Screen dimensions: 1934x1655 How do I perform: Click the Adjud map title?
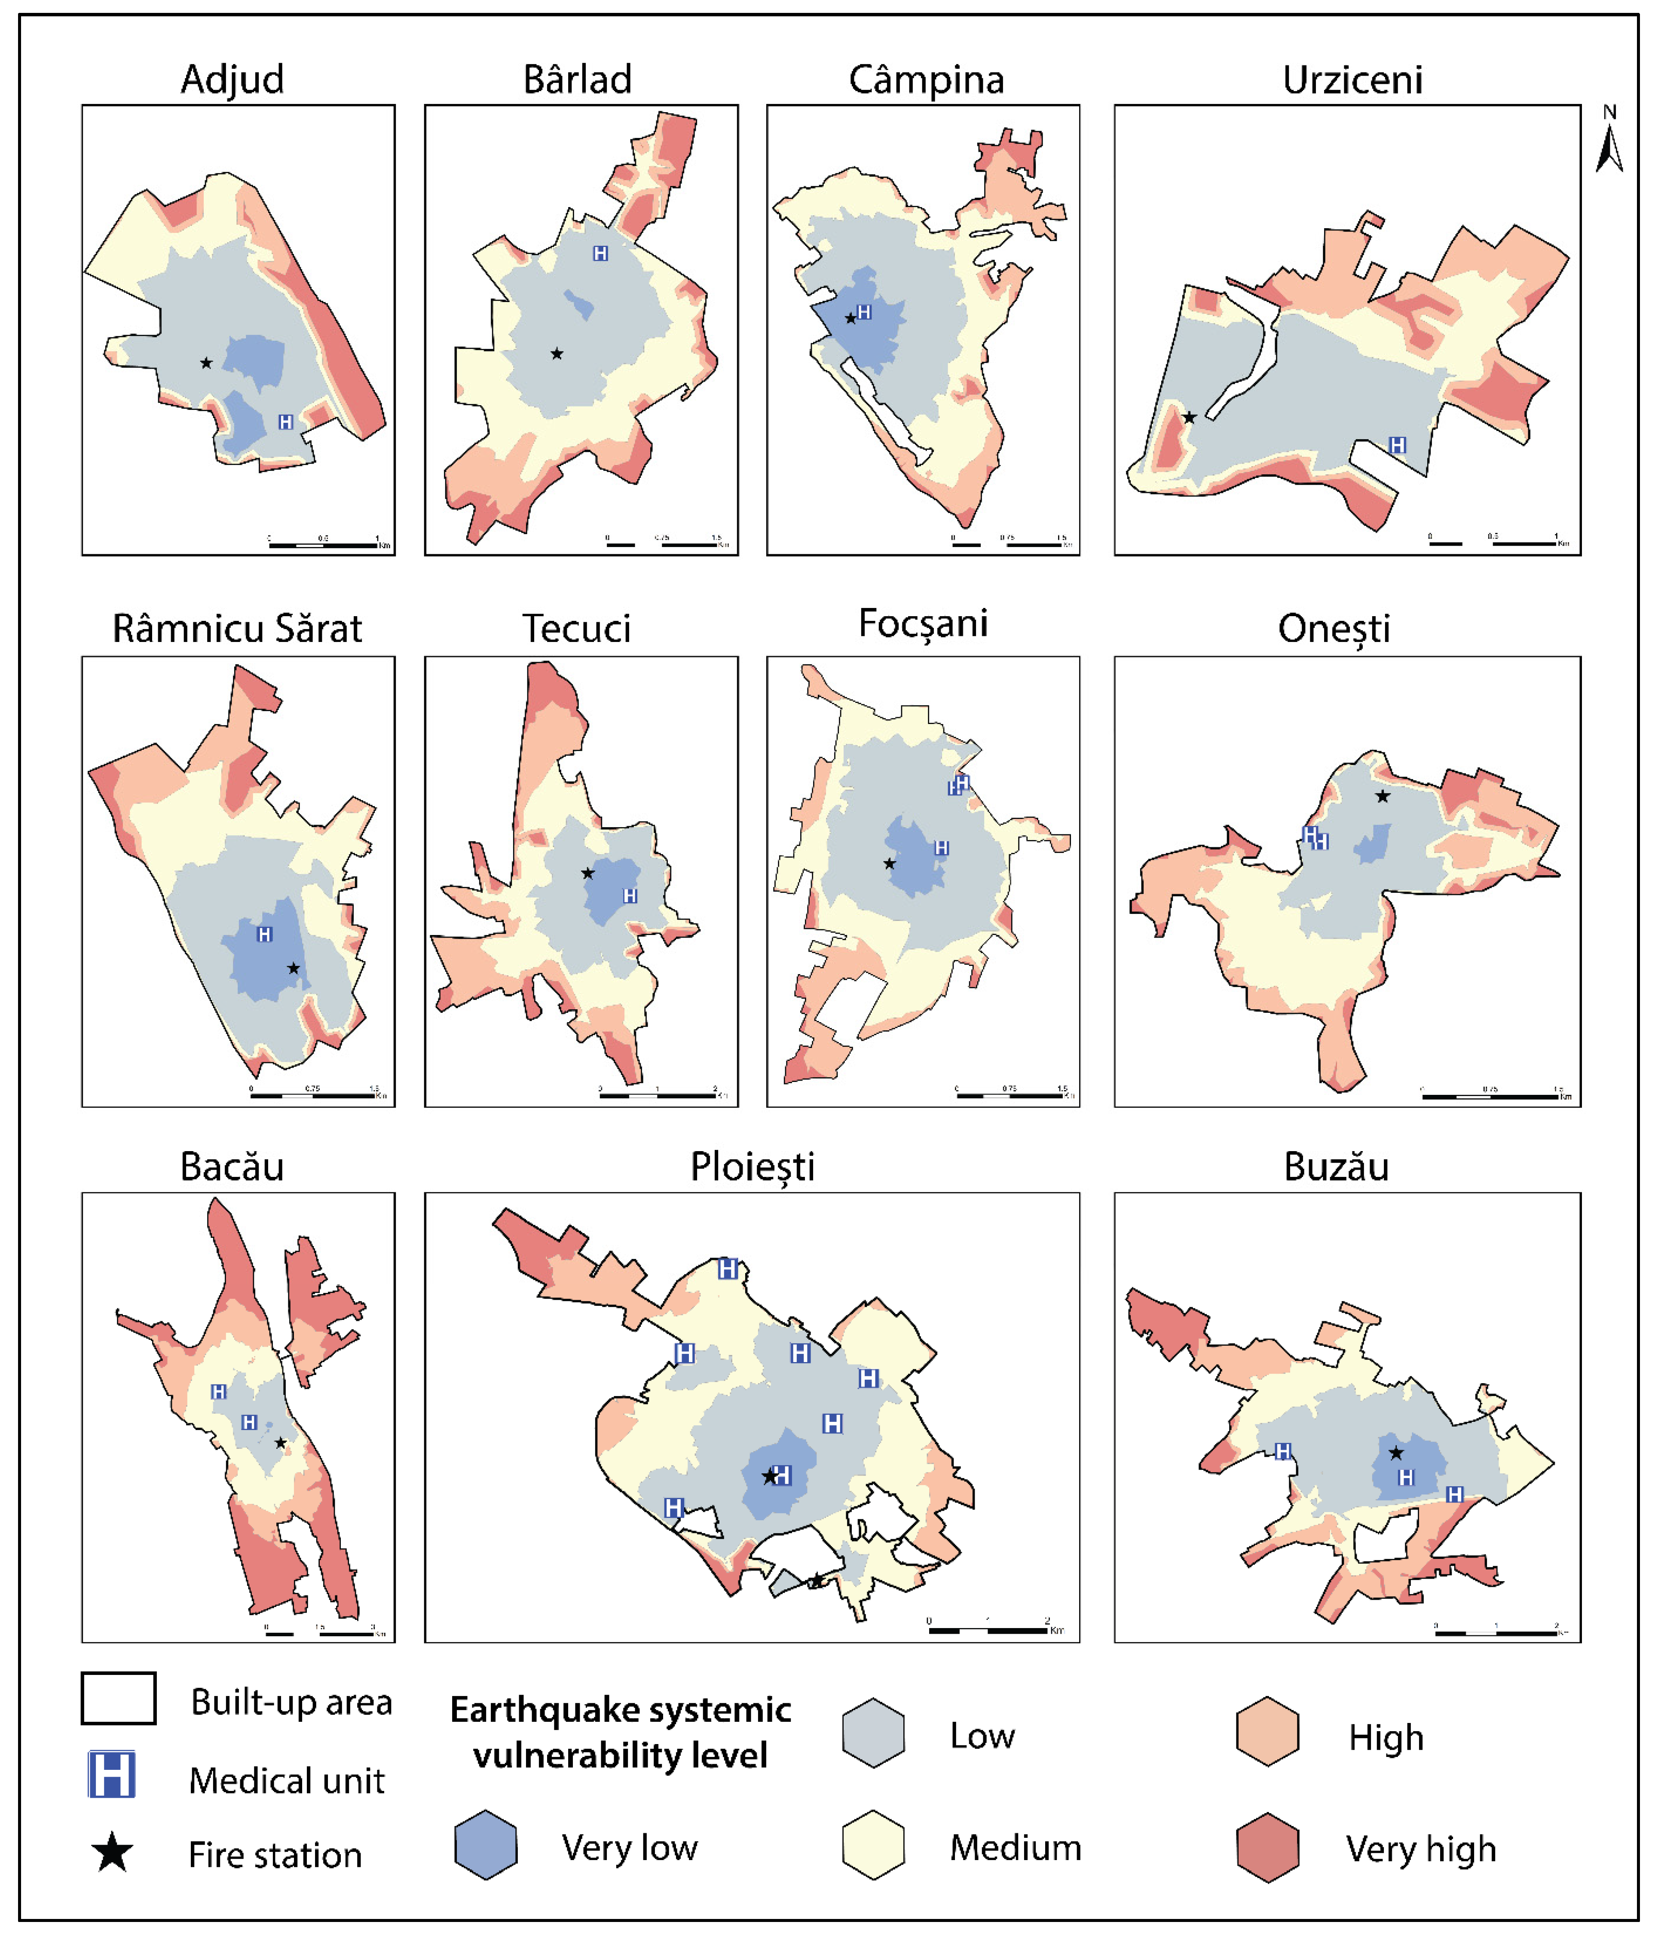pos(232,79)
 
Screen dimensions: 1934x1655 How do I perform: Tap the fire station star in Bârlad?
pos(557,354)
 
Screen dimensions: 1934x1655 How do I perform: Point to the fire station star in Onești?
pos(1383,796)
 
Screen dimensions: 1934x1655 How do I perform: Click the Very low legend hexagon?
pos(485,1845)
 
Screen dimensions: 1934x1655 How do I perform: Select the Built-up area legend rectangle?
pos(119,1698)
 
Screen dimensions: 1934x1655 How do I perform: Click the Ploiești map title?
pos(753,1167)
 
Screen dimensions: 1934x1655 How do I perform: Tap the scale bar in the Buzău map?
pos(1496,1632)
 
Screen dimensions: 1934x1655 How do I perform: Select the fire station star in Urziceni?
pos(1189,417)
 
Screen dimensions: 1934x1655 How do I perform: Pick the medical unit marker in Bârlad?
pos(600,253)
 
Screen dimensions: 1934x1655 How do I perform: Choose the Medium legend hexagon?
pos(873,1845)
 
